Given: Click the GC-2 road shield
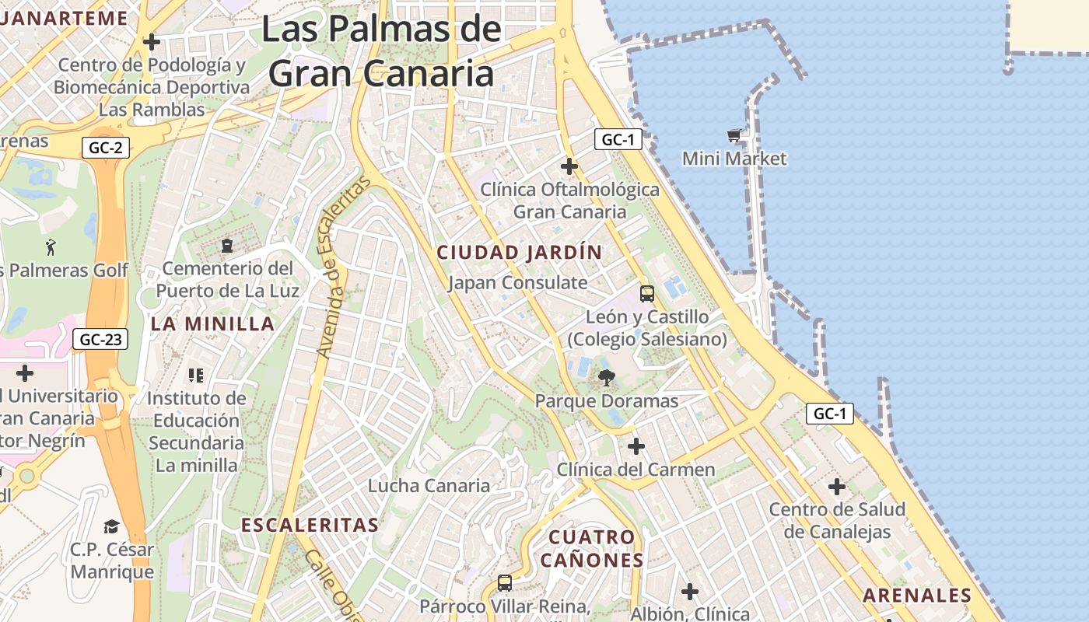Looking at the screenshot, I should coord(104,148).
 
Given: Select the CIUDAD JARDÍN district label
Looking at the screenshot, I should coord(520,252).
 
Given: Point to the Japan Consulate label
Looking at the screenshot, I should coord(517,282).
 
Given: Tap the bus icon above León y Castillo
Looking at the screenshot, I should coord(647,294).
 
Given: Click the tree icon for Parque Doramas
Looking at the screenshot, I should coord(606,379).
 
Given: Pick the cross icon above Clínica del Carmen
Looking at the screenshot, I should coord(636,446).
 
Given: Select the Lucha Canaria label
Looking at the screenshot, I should coord(429,486).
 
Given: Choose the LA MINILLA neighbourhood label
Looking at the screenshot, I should coord(212,324).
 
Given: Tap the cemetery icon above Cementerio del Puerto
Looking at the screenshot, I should coord(226,246).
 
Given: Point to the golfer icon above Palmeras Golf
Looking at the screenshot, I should coord(51,247).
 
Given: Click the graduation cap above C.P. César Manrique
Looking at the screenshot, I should coord(111,526).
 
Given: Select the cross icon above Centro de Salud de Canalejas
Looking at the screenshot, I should coord(837,487).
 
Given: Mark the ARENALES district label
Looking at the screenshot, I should coord(917,596).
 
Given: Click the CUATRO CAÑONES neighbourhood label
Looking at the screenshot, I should coord(592,548).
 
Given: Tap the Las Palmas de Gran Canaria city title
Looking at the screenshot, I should coord(381,51).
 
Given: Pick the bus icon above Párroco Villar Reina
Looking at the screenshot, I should coord(505,582).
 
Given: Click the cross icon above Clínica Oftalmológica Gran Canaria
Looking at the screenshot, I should coord(569,166).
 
